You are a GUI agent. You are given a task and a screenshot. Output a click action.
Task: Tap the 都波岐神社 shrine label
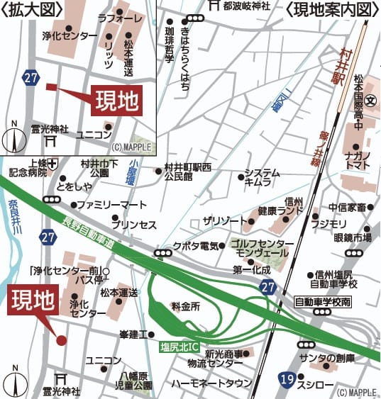(x=245, y=7)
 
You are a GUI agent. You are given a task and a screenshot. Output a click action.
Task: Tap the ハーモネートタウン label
(x=211, y=383)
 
